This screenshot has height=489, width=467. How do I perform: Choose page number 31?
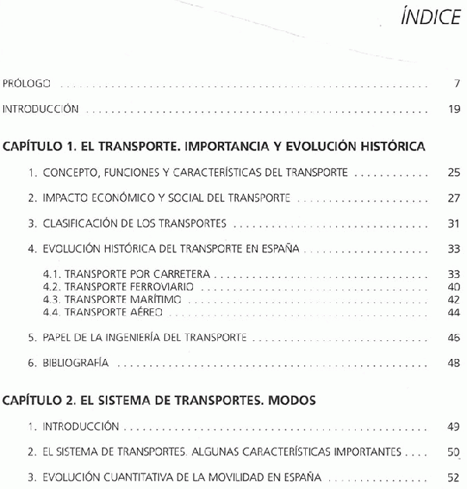click(455, 223)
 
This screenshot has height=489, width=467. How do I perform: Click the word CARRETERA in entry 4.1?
click(183, 275)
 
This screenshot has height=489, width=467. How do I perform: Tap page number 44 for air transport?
click(455, 311)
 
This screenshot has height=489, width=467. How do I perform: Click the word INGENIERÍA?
click(147, 337)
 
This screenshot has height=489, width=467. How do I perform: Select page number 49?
click(455, 427)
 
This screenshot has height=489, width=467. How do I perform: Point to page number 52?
click(455, 477)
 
